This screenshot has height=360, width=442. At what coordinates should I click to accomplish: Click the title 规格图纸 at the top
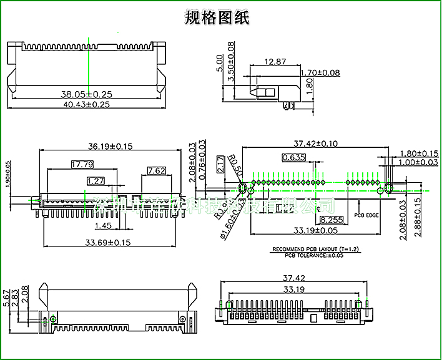tap(217, 17)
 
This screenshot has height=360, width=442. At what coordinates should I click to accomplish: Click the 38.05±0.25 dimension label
tap(86, 94)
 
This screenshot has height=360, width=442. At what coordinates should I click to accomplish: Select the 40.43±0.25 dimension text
tap(86, 104)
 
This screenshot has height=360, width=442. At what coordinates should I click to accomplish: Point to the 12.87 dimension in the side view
tap(275, 61)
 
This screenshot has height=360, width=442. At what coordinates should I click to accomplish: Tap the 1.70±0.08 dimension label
tap(320, 73)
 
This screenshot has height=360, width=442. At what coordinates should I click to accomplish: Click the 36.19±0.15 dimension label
tap(110, 147)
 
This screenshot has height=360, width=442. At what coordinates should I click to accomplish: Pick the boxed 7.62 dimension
tap(156, 170)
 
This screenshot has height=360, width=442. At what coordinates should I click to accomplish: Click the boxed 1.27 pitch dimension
tap(96, 181)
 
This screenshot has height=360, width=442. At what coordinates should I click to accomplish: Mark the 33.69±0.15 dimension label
tap(108, 242)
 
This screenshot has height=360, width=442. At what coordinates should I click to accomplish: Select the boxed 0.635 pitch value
tap(293, 157)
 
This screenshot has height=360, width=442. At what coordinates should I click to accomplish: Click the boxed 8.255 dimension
tap(331, 220)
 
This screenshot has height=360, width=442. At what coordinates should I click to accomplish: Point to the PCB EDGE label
tap(366, 215)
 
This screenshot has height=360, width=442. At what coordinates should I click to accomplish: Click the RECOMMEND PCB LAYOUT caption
tap(313, 250)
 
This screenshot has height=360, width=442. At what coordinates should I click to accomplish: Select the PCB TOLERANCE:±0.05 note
tap(313, 255)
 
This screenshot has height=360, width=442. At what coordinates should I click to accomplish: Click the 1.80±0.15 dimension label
tap(419, 153)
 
